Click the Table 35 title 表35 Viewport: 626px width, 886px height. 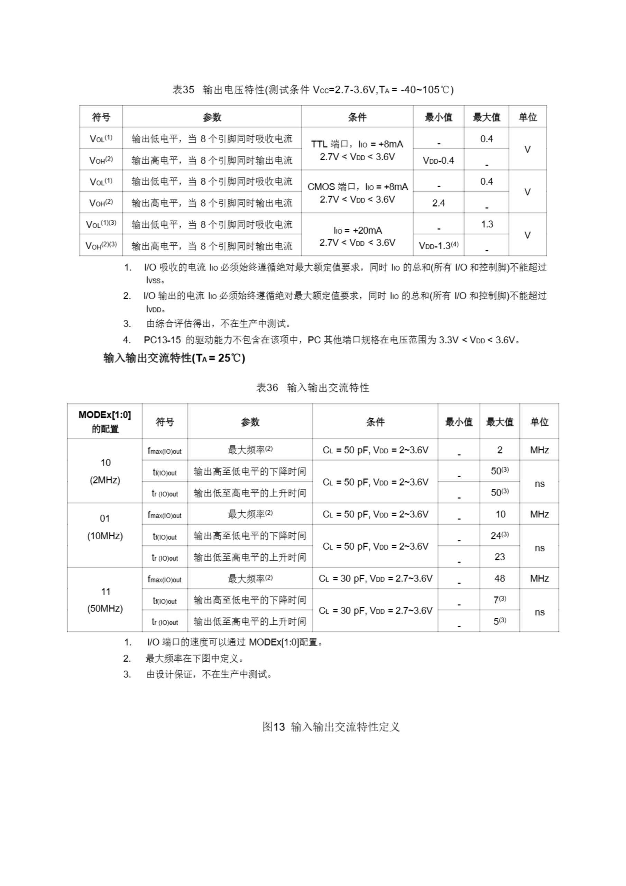click(x=183, y=90)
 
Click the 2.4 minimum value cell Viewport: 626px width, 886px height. click(x=438, y=203)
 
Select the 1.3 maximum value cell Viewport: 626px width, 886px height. click(x=486, y=224)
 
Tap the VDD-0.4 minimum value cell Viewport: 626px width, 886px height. click(x=438, y=161)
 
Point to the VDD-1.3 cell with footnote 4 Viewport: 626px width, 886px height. click(x=438, y=245)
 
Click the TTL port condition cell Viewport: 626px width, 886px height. click(x=357, y=150)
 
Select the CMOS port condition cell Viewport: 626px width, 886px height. click(x=357, y=192)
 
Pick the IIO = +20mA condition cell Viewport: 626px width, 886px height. click(x=357, y=236)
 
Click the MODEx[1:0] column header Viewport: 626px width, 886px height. click(x=104, y=422)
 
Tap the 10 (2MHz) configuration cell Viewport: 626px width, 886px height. click(x=105, y=471)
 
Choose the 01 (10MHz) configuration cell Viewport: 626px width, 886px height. click(x=105, y=527)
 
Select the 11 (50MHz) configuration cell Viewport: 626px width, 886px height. click(x=105, y=600)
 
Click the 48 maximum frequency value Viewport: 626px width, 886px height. click(x=499, y=578)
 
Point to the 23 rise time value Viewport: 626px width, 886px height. click(x=499, y=557)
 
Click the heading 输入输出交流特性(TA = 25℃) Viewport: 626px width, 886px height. click(x=174, y=358)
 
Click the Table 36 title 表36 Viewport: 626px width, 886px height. click(x=267, y=387)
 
